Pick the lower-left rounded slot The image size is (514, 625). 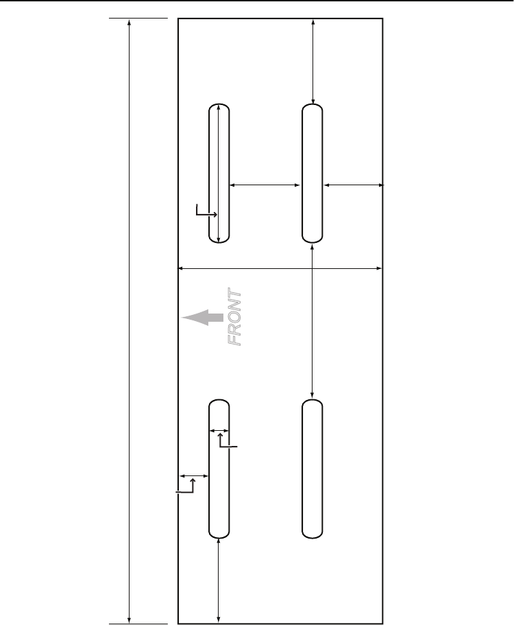pyautogui.click(x=219, y=494)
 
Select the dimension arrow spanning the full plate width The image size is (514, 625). pyautogui.click(x=280, y=268)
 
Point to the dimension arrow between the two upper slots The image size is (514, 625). pyautogui.click(x=265, y=185)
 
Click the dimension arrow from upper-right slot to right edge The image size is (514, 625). pyautogui.click(x=352, y=185)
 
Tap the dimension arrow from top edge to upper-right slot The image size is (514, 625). pyautogui.click(x=313, y=62)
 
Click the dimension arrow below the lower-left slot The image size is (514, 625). pyautogui.click(x=219, y=580)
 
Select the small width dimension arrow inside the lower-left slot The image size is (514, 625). pyautogui.click(x=219, y=431)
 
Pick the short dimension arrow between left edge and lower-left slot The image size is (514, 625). pyautogui.click(x=193, y=475)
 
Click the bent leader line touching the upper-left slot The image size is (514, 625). pyautogui.click(x=203, y=213)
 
